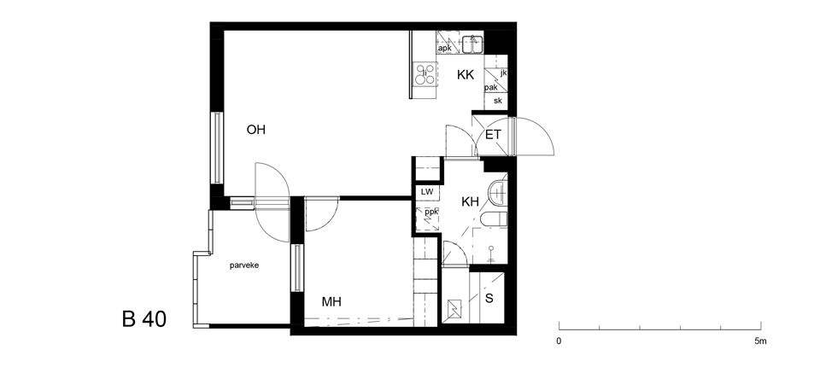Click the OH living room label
[255, 130]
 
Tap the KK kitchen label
[466, 75]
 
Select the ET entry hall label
[493, 135]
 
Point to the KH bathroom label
[470, 201]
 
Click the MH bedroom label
[331, 301]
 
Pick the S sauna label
[489, 299]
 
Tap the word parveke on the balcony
[244, 265]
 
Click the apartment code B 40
[143, 319]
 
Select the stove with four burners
[425, 73]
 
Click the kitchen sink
[472, 44]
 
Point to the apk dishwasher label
[444, 48]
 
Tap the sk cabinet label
[497, 101]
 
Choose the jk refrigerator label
[503, 73]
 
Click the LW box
[427, 192]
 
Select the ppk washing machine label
[430, 213]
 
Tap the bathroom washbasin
[497, 192]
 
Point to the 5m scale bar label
[760, 341]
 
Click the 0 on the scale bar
[559, 341]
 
